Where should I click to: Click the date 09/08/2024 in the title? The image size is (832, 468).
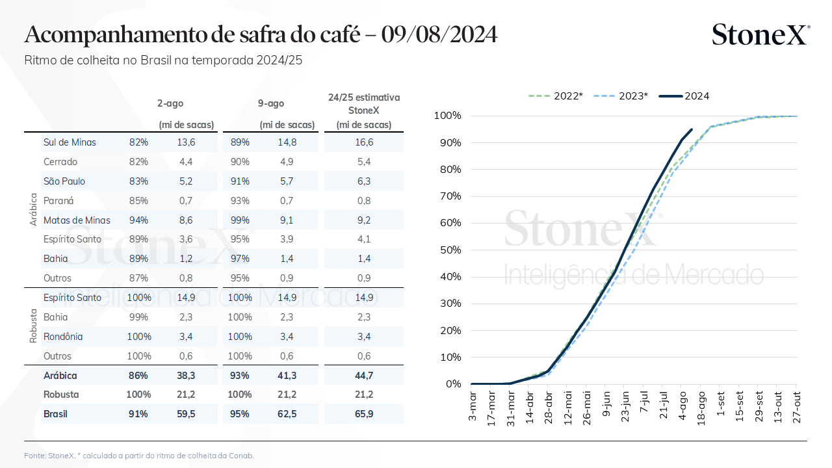point(439,34)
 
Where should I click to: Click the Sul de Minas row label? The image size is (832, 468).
point(70,142)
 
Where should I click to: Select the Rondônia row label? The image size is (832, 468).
point(64,337)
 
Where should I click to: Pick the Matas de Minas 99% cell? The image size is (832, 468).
point(240,220)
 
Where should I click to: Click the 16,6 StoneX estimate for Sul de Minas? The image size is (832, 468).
point(364,142)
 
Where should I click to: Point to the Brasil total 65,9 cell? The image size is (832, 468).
point(364,414)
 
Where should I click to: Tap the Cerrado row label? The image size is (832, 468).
point(60,162)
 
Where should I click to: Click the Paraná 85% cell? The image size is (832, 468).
point(138,201)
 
